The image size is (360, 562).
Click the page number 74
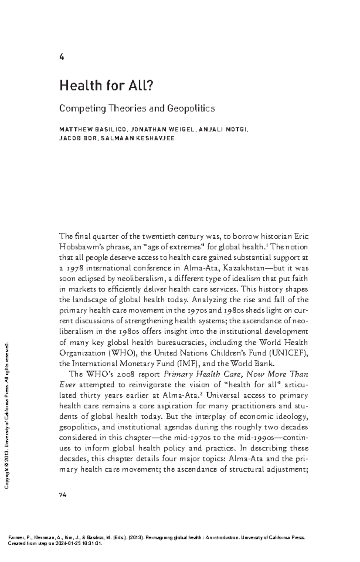(63, 495)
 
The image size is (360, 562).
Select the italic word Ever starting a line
(66, 385)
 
